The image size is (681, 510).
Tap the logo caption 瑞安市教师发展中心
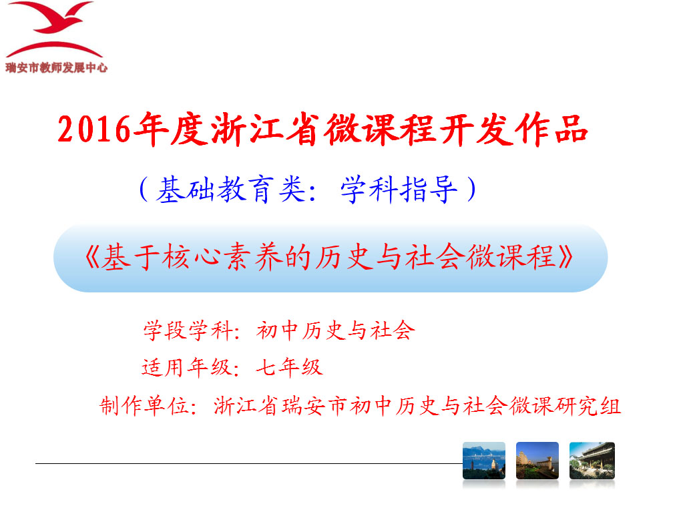coord(57,67)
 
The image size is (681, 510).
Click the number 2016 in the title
coord(94,130)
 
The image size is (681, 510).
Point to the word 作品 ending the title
coord(551,129)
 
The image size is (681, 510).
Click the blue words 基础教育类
coord(230,190)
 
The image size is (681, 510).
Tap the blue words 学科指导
coord(399,190)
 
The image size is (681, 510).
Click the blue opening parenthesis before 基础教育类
coord(145,189)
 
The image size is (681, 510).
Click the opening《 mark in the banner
coord(92,257)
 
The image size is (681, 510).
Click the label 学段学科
coord(188,330)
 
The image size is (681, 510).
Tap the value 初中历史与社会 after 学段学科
coord(335,330)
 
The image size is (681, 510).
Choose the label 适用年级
coord(187,368)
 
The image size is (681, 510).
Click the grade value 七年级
coord(289,368)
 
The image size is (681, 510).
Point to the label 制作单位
coord(144,406)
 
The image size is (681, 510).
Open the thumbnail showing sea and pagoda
coord(484,461)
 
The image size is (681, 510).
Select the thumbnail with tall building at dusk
coord(537,461)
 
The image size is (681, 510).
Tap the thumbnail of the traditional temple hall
coord(592,461)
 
